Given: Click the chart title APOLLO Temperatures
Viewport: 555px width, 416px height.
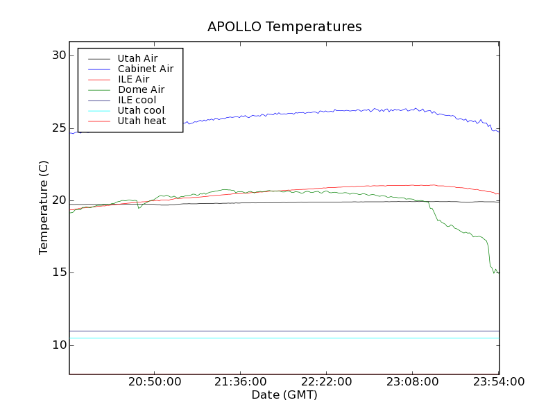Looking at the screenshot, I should tap(284, 27).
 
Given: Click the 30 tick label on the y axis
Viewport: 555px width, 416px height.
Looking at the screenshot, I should tap(58, 55).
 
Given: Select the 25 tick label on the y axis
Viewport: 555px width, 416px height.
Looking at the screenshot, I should tap(58, 128).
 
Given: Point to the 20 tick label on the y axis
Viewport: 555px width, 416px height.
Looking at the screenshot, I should tap(58, 200).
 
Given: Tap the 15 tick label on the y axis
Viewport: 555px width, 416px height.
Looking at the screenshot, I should tap(58, 272).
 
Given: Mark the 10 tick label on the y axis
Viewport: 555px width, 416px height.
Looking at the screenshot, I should tap(58, 345).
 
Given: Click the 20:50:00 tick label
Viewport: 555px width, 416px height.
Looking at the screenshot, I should tap(155, 382).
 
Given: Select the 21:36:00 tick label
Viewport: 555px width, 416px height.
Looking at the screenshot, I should tap(240, 382).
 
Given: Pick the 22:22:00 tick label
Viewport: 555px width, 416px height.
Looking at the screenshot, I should tap(326, 382).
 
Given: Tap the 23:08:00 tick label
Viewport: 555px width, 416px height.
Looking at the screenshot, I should tap(412, 382).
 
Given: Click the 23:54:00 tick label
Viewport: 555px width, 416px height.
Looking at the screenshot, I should tap(497, 382).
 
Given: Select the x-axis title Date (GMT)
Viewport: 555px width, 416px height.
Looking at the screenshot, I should tap(284, 395).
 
